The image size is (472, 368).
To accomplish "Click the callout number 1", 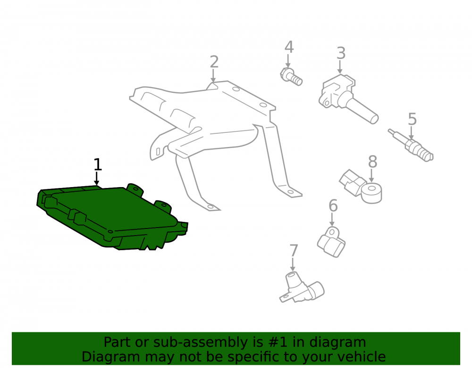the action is click(98, 164).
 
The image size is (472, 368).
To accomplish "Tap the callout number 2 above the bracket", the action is click(214, 62).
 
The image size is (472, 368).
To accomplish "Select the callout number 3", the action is click(341, 53).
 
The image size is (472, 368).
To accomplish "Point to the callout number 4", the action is click(289, 47).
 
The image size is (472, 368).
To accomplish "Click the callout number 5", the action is click(412, 119).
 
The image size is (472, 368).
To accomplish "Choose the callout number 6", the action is click(333, 206).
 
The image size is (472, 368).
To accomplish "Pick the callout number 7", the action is click(294, 251).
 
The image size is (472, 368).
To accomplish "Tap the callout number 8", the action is click(372, 162).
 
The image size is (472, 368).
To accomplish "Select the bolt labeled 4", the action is click(291, 77).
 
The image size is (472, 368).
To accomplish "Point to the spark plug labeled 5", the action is click(411, 145).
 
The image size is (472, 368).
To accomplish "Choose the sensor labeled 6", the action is click(331, 242).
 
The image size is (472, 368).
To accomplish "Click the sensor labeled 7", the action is click(302, 287).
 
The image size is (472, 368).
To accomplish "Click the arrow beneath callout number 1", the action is click(96, 179).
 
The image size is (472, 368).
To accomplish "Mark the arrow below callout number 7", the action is click(293, 264).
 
